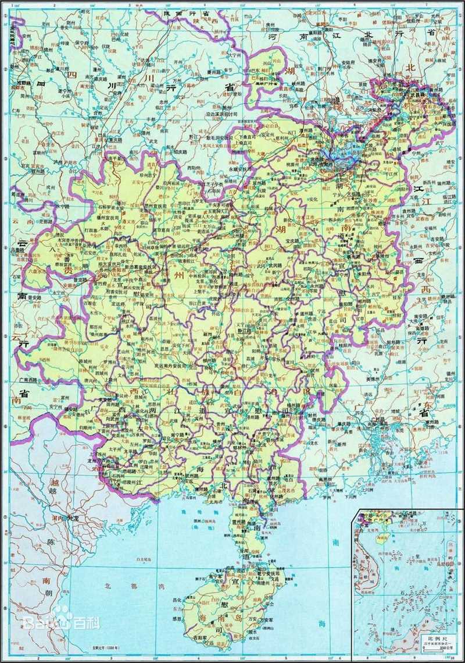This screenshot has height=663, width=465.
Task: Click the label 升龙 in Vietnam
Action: pyautogui.click(x=69, y=517)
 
